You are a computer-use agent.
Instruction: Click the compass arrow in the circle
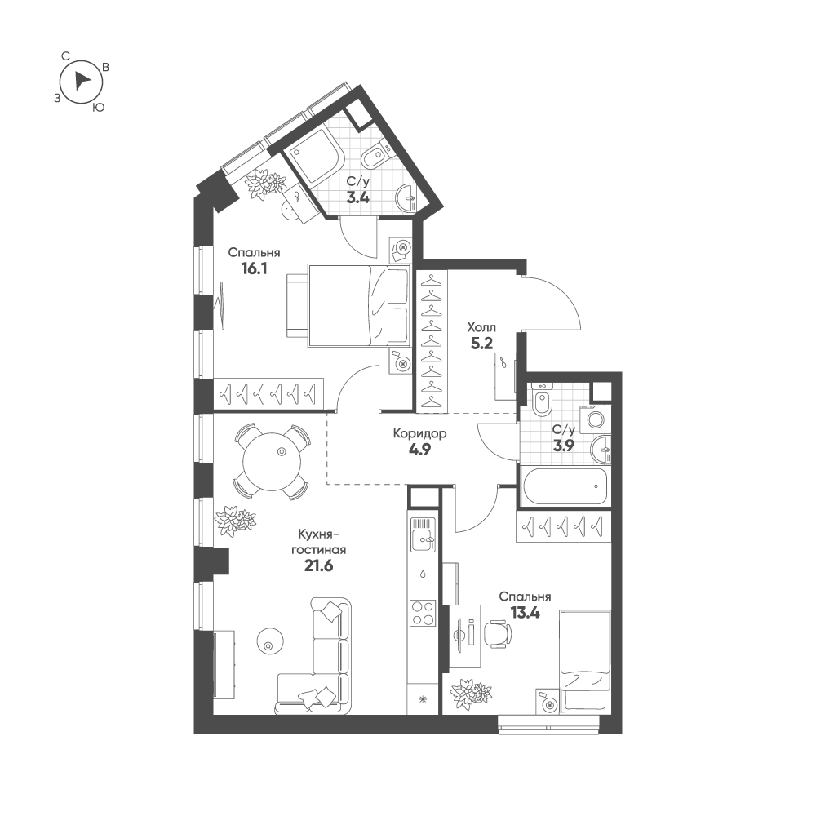point(81,80)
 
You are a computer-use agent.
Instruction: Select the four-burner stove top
point(422,612)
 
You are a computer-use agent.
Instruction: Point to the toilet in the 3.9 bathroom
point(542,401)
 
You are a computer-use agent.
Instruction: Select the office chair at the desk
point(496,632)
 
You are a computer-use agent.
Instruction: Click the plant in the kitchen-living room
point(235,520)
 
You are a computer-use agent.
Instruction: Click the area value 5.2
point(481,344)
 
